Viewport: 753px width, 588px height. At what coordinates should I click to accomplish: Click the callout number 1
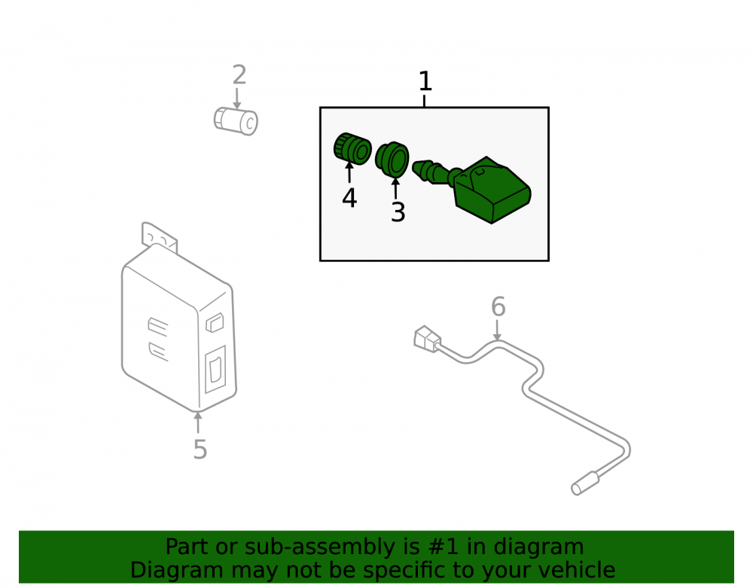[425, 81]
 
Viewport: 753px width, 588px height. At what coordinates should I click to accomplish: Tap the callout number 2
[239, 75]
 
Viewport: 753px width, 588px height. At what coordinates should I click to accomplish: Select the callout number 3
[398, 212]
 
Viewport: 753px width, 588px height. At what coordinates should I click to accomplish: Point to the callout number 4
[349, 198]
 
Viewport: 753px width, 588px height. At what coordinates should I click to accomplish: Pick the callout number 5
[200, 449]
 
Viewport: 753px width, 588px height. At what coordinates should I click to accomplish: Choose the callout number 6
[498, 306]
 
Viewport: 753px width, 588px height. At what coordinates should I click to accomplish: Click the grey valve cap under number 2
[236, 121]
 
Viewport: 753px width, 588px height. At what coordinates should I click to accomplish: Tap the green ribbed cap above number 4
[352, 148]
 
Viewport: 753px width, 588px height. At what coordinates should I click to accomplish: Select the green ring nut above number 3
[392, 158]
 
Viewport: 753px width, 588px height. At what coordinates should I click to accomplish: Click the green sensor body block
[492, 190]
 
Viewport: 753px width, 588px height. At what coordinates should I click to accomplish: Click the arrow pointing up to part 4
[349, 172]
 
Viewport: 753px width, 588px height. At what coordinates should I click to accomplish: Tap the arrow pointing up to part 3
[396, 188]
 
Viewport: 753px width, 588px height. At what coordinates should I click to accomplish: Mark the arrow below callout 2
[236, 99]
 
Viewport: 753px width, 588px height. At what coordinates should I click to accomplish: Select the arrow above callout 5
[197, 422]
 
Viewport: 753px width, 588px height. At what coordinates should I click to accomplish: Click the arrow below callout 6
[497, 331]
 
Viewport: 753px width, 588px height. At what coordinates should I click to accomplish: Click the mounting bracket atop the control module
[159, 237]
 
